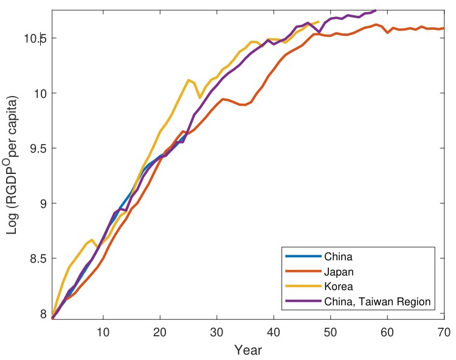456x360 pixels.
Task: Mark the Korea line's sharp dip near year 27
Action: click(x=199, y=97)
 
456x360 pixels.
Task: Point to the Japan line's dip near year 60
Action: click(x=387, y=32)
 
